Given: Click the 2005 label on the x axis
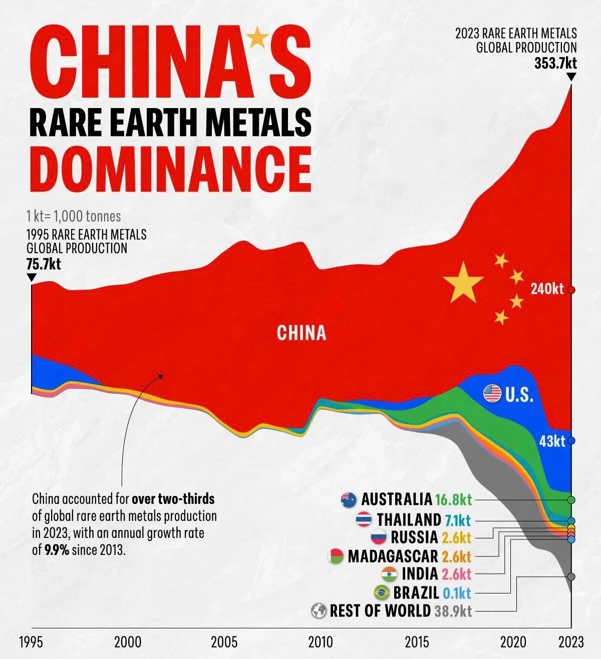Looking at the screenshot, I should (224, 642).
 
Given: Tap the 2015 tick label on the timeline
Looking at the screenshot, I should (417, 642).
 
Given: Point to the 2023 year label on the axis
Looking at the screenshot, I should (571, 642).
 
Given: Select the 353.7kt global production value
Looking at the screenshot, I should (555, 64).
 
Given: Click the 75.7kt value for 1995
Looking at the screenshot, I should (44, 264).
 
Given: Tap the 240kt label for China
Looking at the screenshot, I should (547, 289).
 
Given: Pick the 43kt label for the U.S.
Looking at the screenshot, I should (552, 441).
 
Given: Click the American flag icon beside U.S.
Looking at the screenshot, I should (492, 393).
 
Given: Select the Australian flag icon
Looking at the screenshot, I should (349, 499).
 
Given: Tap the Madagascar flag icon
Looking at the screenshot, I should (336, 556).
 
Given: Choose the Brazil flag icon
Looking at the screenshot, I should (382, 593).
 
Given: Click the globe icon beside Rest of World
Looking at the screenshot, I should (319, 611).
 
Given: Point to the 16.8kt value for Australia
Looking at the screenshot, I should (453, 499).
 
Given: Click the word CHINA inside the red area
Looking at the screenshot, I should (301, 333).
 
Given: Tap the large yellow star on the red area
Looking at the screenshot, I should (463, 283).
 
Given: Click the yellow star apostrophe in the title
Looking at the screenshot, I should (257, 37).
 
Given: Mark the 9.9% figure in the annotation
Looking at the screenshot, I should (57, 550).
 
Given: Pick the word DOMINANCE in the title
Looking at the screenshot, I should (170, 168).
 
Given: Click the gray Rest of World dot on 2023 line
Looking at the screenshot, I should (571, 576).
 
